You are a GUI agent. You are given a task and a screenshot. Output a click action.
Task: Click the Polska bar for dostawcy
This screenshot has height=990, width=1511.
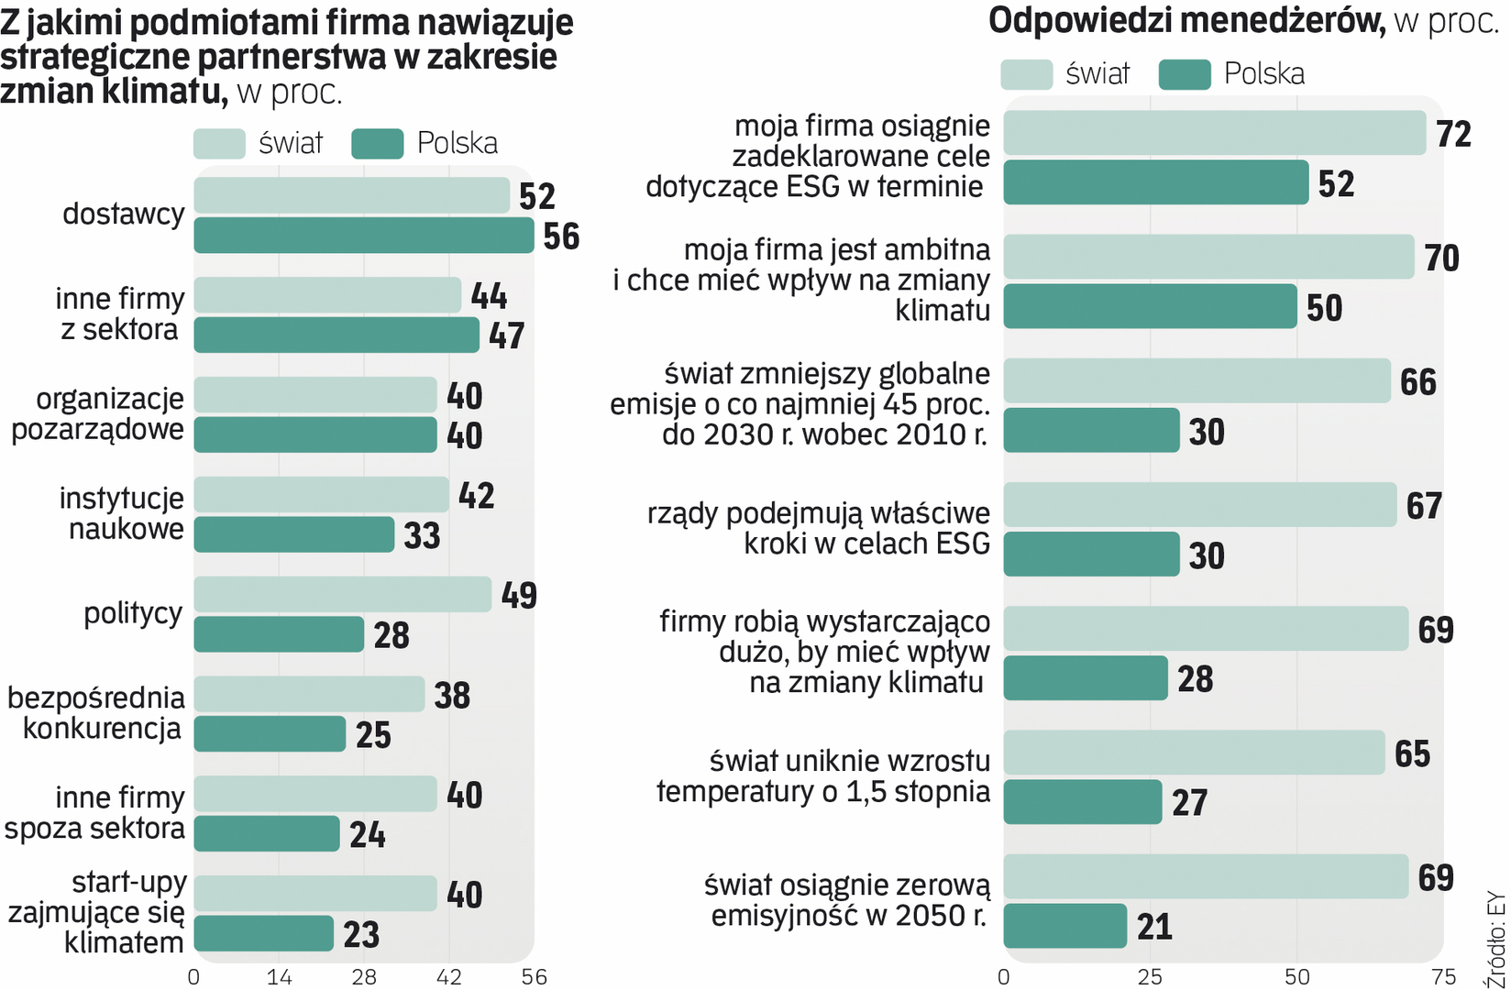[363, 236]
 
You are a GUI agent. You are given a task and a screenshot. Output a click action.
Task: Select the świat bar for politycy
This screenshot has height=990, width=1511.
[342, 594]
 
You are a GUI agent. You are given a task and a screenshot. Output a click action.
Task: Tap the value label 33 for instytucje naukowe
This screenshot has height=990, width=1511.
[422, 535]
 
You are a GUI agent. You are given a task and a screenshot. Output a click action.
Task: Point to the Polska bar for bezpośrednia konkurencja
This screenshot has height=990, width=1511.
[270, 734]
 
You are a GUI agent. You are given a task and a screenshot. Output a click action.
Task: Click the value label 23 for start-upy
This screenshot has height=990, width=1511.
[361, 935]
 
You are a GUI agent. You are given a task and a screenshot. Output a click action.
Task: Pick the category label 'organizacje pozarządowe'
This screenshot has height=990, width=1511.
[98, 414]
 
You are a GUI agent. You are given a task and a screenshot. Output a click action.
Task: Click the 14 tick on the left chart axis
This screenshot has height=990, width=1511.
[279, 977]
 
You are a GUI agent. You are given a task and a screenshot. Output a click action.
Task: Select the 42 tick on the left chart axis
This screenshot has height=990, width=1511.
[449, 977]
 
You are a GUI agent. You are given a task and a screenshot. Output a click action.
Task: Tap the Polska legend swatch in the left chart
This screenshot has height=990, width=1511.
[377, 144]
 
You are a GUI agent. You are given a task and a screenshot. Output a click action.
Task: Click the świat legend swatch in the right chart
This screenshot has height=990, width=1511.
[1026, 75]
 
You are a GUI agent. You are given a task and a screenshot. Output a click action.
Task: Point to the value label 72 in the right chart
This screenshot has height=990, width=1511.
[1453, 135]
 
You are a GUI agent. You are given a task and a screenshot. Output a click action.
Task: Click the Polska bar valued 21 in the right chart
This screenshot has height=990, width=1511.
[1064, 926]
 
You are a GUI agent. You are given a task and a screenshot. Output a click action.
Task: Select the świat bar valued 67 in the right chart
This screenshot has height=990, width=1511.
[1199, 505]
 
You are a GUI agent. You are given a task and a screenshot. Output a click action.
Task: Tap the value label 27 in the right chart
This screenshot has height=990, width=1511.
[1189, 803]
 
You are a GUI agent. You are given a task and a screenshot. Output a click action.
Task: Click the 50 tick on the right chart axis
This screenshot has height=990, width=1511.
[1296, 977]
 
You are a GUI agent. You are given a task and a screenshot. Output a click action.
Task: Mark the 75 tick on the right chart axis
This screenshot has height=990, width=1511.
[1443, 977]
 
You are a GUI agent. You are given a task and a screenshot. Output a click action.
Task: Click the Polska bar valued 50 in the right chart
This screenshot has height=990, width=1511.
[1150, 306]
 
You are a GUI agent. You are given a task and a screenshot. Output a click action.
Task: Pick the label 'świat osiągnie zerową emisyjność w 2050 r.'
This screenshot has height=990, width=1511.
[848, 900]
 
